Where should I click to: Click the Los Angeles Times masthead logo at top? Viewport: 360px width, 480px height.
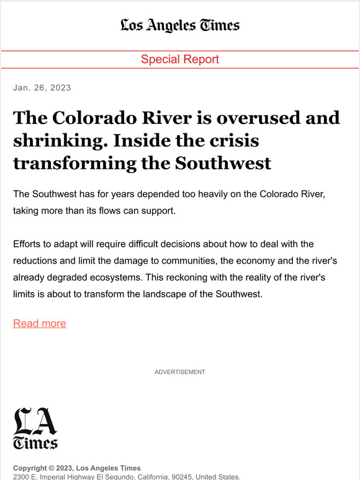tap(180, 25)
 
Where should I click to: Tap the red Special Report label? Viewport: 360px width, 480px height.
tap(180, 60)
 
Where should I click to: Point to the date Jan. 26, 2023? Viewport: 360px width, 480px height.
tap(42, 87)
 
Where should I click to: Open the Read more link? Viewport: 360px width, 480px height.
tap(40, 323)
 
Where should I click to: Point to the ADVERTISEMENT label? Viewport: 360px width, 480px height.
tap(180, 372)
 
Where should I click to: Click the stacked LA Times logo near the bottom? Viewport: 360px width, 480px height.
tap(35, 428)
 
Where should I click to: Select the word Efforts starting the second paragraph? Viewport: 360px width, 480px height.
tap(30, 244)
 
